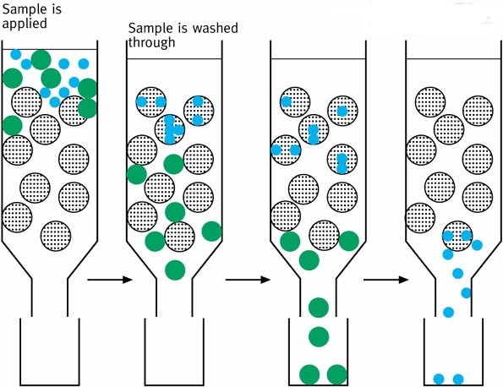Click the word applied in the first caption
click(25, 25)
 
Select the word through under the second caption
click(151, 42)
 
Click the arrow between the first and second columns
click(110, 280)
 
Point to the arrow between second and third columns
click(248, 280)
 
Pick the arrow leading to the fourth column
click(385, 280)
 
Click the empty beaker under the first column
click(50, 352)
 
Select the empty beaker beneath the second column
click(174, 352)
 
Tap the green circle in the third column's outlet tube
click(319, 308)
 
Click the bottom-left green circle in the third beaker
click(309, 374)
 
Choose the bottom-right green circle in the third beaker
click(337, 374)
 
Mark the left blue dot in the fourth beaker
click(439, 379)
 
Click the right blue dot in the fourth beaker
click(458, 379)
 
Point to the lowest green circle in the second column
click(175, 270)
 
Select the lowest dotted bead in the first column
click(56, 236)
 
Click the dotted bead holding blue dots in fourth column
click(457, 236)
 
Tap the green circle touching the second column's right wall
click(211, 232)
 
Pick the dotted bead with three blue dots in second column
click(169, 129)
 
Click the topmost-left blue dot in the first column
click(16, 54)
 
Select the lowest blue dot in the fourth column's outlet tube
click(448, 312)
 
